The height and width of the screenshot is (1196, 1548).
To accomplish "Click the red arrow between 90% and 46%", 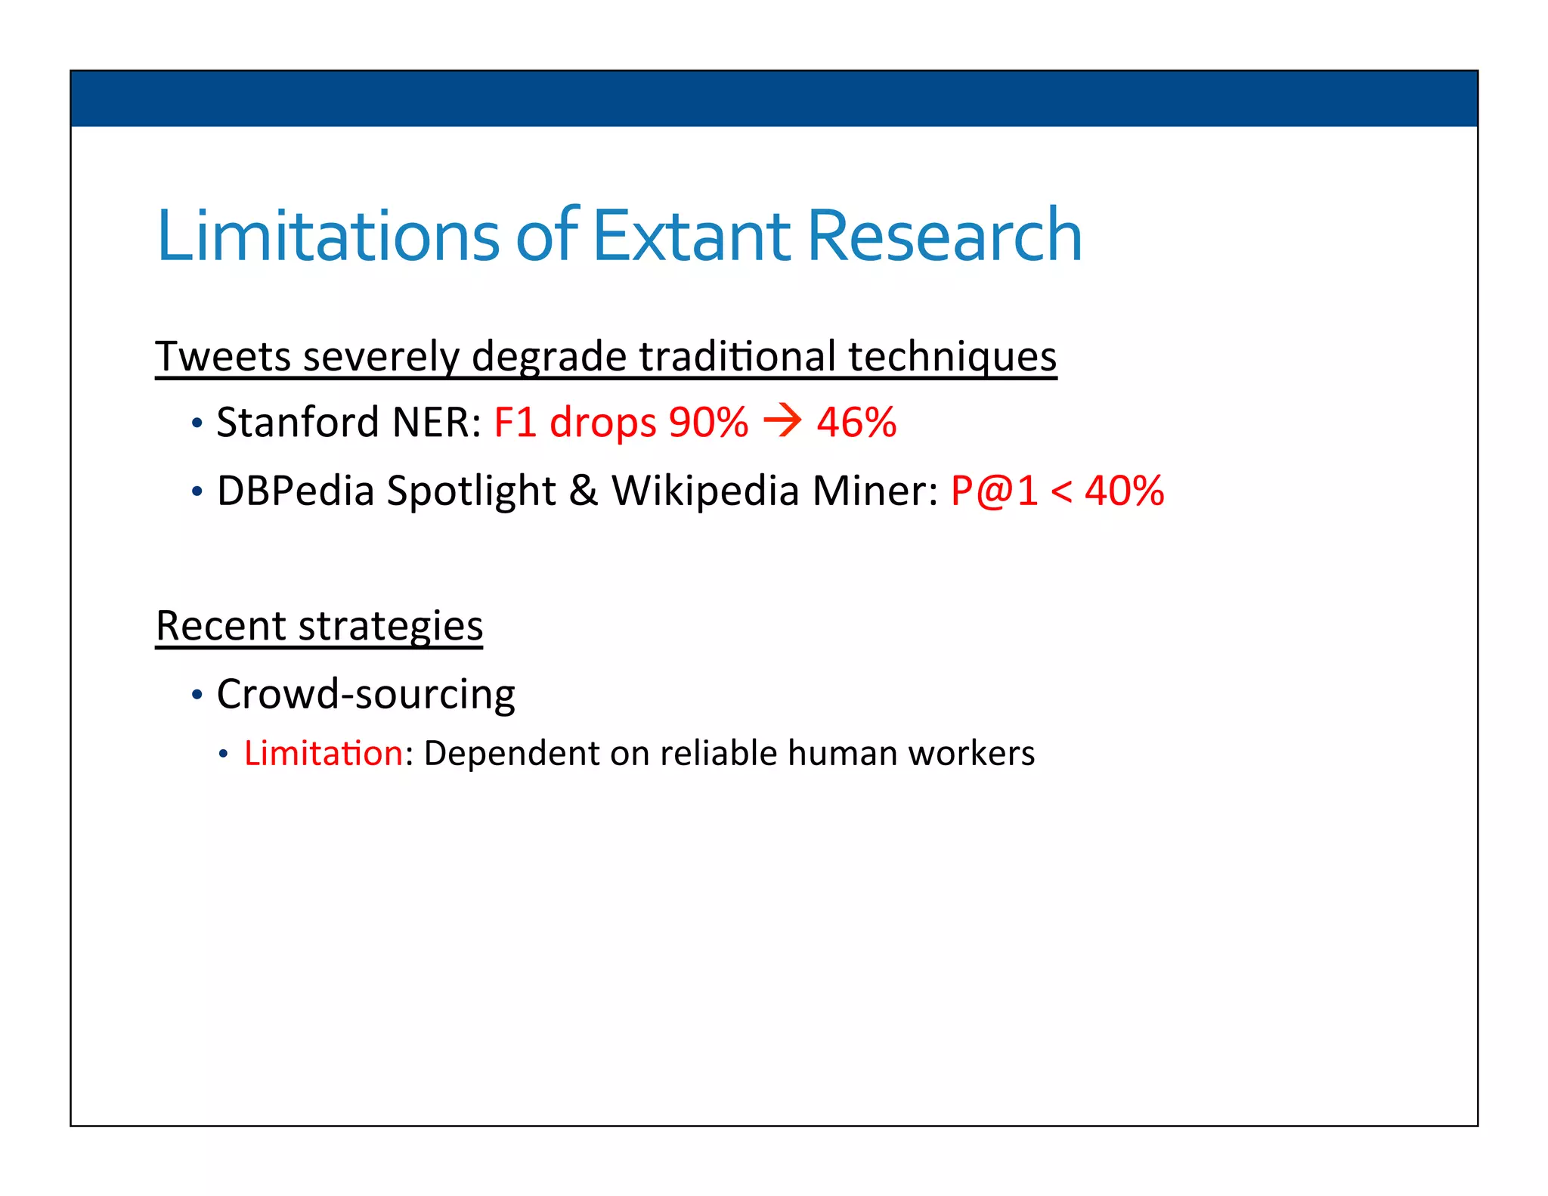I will [x=782, y=421].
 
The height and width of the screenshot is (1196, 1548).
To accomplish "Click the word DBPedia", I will [x=296, y=491].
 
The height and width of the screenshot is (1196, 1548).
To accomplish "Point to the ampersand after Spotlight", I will [x=583, y=491].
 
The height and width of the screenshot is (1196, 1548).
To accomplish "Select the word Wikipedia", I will [x=705, y=491].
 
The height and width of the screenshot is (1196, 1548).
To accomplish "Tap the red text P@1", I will [x=994, y=491].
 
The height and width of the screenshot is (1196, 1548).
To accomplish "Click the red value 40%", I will [x=1124, y=491].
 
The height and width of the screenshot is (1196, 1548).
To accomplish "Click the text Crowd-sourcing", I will [x=366, y=694].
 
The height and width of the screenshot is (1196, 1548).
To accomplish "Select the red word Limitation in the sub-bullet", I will [x=324, y=753].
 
